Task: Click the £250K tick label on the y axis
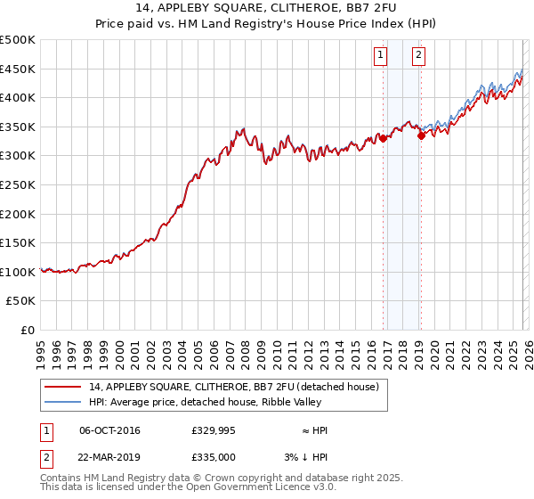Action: click(18, 184)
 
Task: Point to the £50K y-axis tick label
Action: click(21, 301)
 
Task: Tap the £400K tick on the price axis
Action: click(18, 97)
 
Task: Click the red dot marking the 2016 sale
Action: click(383, 138)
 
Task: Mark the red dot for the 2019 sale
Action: click(421, 135)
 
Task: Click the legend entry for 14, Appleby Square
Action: click(234, 387)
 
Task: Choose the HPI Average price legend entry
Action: click(214, 403)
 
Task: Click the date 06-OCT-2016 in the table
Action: click(109, 430)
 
